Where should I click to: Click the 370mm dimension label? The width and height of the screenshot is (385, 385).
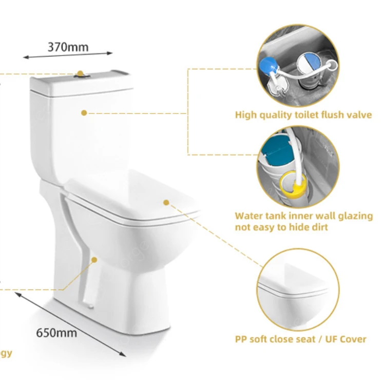[x=68, y=47]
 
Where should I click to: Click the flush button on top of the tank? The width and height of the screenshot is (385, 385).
[x=81, y=74]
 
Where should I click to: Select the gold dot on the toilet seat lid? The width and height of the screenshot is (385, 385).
[x=166, y=202]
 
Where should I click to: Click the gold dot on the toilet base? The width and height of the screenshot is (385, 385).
[x=94, y=260]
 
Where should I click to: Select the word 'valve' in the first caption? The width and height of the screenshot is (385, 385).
[x=358, y=115]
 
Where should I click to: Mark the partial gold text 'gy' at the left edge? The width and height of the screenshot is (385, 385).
[x=6, y=354]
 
